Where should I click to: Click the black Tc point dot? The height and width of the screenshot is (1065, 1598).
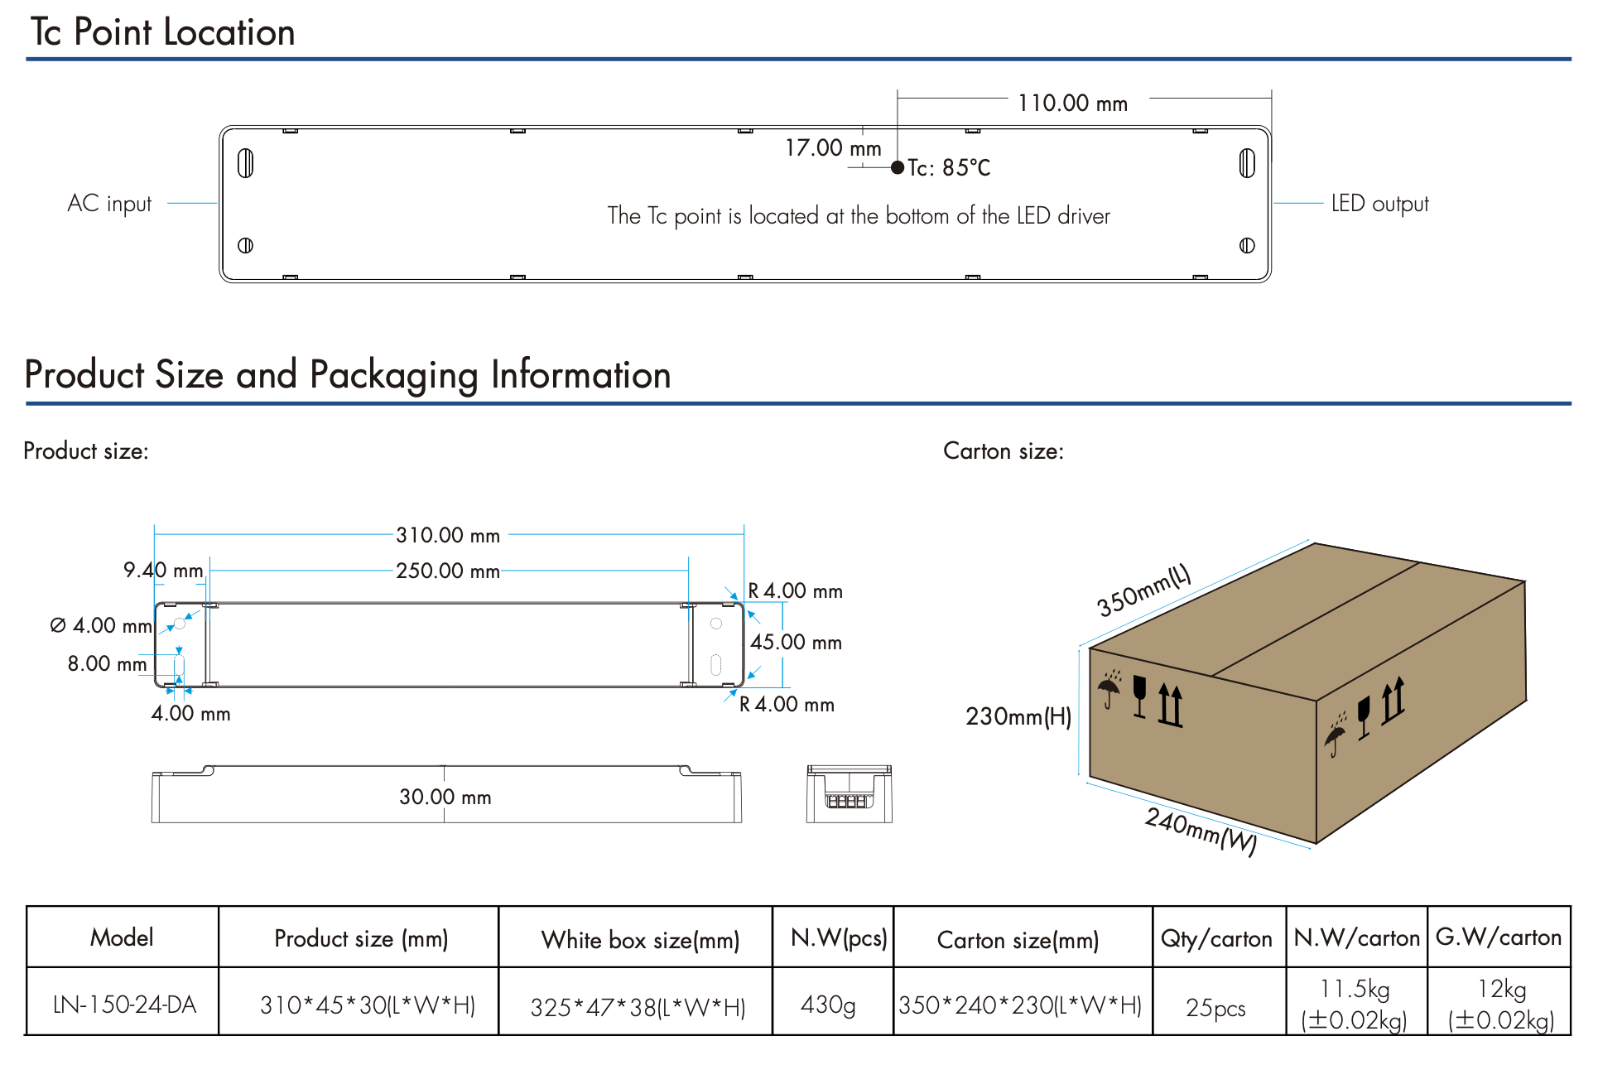(x=898, y=167)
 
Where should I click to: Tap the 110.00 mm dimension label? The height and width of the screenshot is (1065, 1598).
(x=1072, y=104)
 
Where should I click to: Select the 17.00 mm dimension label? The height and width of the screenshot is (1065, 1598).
(x=833, y=148)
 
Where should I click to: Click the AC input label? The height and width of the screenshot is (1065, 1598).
(x=109, y=204)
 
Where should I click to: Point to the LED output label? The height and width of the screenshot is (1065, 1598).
(x=1379, y=204)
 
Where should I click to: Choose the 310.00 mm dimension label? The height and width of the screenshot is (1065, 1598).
(x=448, y=536)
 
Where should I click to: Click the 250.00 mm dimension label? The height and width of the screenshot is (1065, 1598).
(x=448, y=571)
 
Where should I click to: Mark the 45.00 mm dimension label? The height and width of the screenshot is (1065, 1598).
(x=796, y=643)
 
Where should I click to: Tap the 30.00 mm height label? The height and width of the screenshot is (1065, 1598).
(x=445, y=798)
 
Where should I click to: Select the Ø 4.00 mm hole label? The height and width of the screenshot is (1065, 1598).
(x=101, y=626)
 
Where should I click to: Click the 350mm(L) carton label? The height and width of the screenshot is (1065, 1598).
(x=1143, y=590)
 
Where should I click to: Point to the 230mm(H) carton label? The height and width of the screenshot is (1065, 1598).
(x=1018, y=716)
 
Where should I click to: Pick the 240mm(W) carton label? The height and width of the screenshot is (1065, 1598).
(x=1201, y=831)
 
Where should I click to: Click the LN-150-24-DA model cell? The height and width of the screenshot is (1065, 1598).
(x=124, y=1005)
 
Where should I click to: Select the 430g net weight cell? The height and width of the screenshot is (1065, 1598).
(x=828, y=1005)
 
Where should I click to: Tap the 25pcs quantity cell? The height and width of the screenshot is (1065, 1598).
(x=1215, y=1007)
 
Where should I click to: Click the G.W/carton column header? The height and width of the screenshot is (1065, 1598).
(x=1499, y=937)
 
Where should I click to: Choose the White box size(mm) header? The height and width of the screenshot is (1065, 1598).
(x=640, y=940)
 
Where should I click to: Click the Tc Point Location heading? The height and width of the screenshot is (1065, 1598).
(x=163, y=32)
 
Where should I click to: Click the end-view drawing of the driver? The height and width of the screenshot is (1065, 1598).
(x=849, y=794)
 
